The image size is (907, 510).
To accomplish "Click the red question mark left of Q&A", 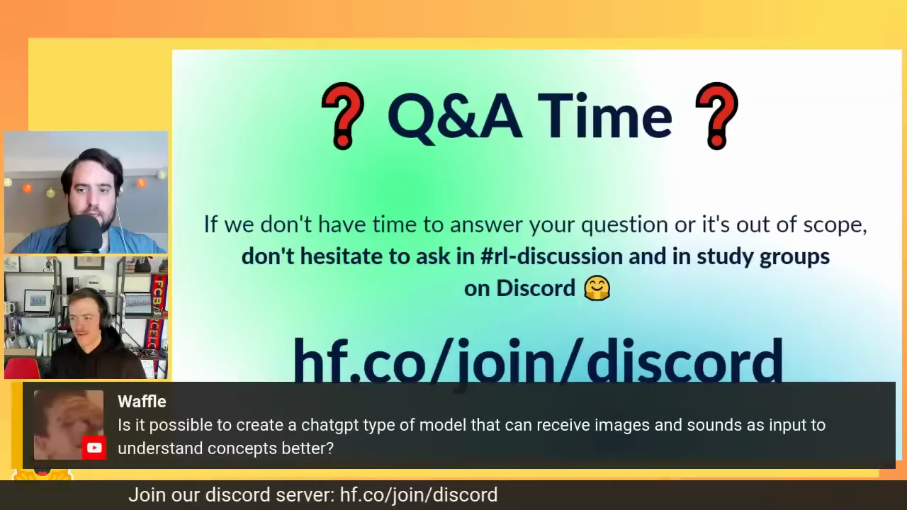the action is [x=342, y=116].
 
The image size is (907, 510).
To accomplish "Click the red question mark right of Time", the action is [x=716, y=116].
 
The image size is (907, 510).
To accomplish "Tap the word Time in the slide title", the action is [x=605, y=116].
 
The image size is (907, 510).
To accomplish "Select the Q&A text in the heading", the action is [x=454, y=118].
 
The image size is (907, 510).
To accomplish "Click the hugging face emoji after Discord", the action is [x=597, y=288].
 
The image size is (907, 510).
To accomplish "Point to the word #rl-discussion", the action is [x=551, y=256].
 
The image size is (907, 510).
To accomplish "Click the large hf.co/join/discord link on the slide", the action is [x=538, y=361].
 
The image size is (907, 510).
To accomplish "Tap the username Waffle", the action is [x=142, y=402].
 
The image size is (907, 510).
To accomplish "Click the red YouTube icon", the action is [x=94, y=448].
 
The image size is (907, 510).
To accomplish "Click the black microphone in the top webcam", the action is [x=84, y=234].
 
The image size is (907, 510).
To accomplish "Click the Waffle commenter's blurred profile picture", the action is [x=69, y=424].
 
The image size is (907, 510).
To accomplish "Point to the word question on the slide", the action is [x=624, y=225].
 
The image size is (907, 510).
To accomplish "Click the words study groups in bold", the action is [x=763, y=257].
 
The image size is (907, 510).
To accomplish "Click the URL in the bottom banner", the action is [x=419, y=495].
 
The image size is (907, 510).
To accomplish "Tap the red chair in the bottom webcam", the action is [x=22, y=368].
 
